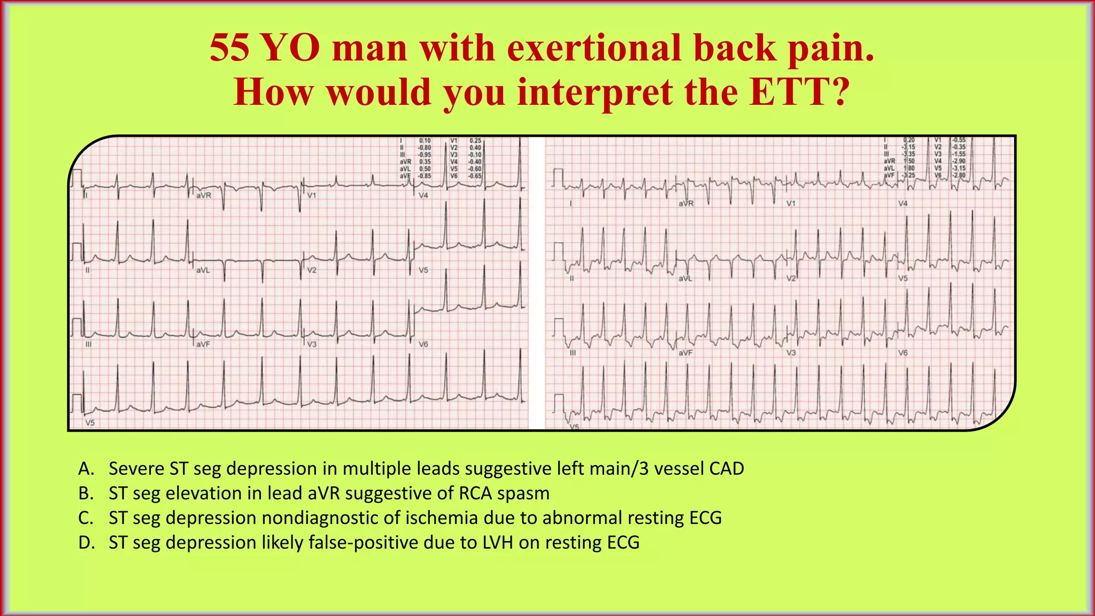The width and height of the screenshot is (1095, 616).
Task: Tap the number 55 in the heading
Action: [229, 48]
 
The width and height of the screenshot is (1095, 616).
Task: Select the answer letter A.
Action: [86, 468]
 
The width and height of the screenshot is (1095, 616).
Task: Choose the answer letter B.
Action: [86, 493]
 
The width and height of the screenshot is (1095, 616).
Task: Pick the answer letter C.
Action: [86, 518]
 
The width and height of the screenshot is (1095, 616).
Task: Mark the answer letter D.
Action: [86, 542]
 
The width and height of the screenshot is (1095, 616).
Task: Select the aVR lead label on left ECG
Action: [204, 196]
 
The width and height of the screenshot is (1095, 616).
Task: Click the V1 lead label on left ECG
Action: [312, 196]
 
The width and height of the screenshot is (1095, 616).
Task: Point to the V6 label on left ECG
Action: [423, 344]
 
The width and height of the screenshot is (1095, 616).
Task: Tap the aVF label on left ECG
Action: [203, 344]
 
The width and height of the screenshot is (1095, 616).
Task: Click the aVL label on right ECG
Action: [685, 279]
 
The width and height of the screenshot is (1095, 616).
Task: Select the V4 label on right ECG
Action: [903, 204]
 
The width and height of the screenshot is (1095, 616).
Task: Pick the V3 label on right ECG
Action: [791, 353]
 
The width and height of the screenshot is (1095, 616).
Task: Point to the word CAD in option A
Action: [726, 468]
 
